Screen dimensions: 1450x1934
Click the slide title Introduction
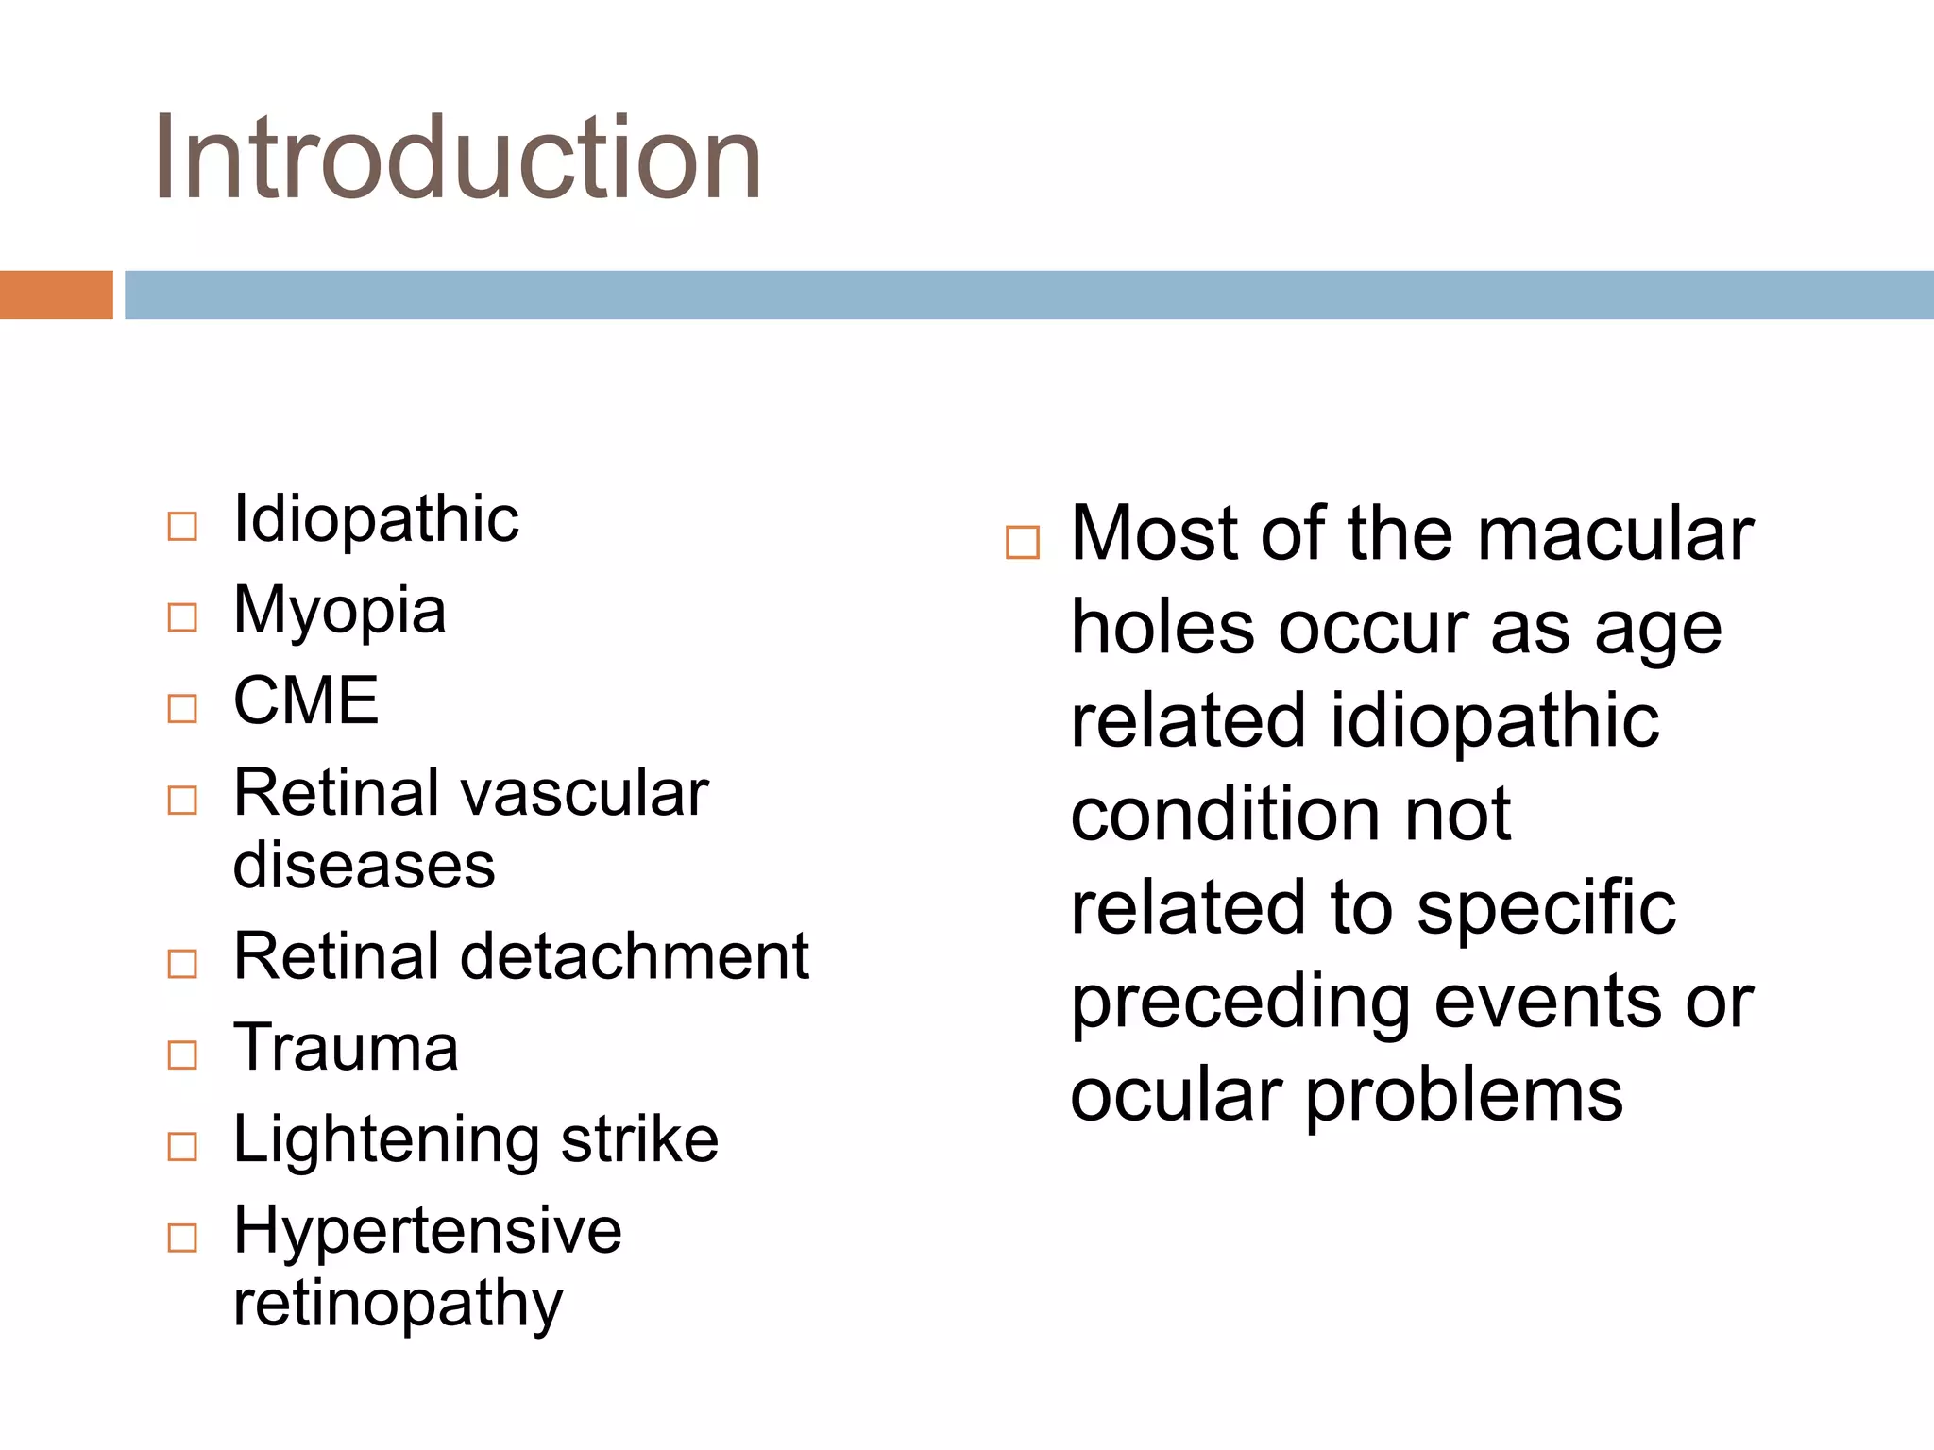[x=458, y=158]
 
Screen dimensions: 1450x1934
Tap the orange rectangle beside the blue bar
[x=56, y=295]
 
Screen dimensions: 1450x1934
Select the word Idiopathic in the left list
[x=376, y=519]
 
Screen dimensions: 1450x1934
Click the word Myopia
[x=339, y=611]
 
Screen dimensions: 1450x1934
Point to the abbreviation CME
[x=306, y=700]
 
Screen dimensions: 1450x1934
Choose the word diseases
[x=364, y=865]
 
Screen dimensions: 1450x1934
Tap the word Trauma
[x=346, y=1048]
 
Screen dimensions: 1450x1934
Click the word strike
[x=639, y=1138]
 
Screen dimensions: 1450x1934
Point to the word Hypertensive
[x=428, y=1231]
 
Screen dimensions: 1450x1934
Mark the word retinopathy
[x=398, y=1305]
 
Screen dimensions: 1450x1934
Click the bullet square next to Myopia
[x=182, y=617]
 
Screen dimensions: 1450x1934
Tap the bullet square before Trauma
[x=182, y=1054]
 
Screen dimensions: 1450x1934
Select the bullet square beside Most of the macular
[x=1022, y=543]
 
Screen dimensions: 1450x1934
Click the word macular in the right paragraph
[x=1615, y=534]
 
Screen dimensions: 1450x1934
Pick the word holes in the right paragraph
[x=1163, y=629]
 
